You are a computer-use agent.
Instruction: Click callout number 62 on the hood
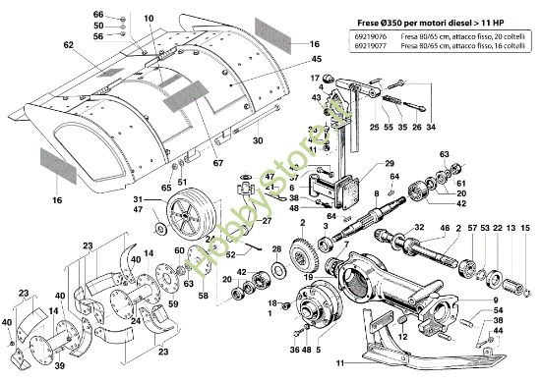[x=68, y=45]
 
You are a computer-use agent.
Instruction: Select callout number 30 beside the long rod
[x=257, y=140]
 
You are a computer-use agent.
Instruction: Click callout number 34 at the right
[x=431, y=127]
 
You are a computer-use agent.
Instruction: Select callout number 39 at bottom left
[x=59, y=365]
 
